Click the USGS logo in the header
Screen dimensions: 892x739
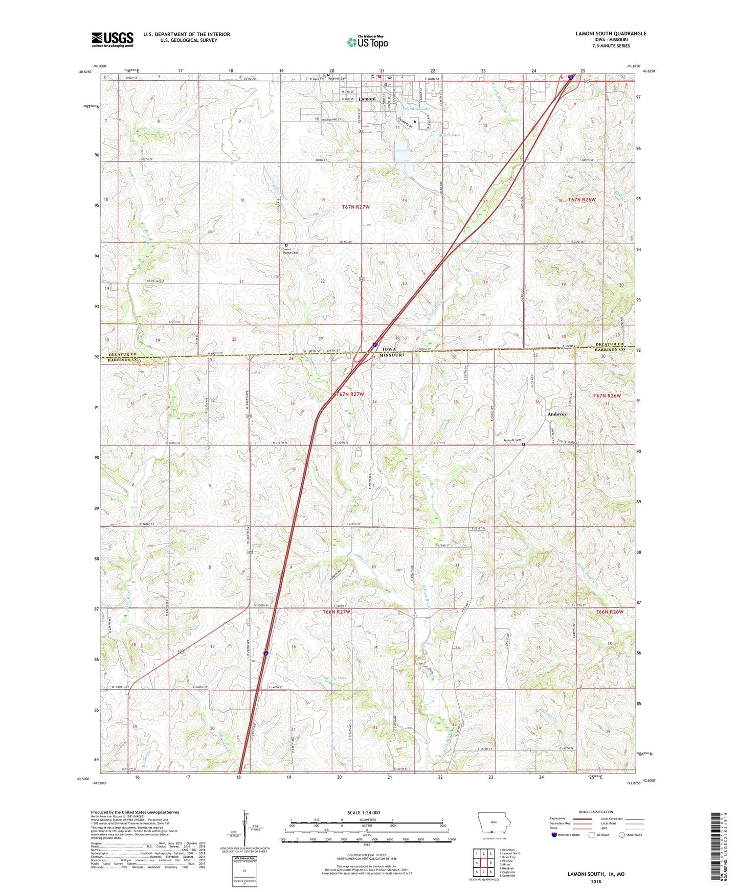coord(113,39)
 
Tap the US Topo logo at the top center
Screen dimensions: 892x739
coord(367,42)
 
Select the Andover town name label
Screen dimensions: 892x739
coord(557,414)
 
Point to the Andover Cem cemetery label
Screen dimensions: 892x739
coord(511,440)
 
